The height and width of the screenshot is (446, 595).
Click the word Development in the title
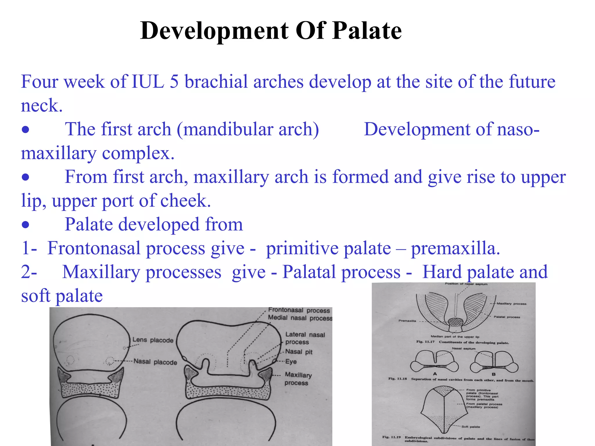(x=214, y=31)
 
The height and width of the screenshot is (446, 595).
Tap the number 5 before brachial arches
(x=174, y=82)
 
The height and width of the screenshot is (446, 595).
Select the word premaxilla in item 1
(x=455, y=249)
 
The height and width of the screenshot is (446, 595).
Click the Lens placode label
(x=153, y=340)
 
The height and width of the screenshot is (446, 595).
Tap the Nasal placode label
(x=155, y=362)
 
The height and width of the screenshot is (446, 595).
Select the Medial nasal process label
(x=300, y=318)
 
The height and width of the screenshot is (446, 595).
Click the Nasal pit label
(x=299, y=352)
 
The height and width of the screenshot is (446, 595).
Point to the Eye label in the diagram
(x=291, y=362)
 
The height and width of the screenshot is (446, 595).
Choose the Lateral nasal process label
(x=305, y=338)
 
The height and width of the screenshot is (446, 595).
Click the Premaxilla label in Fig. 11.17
(x=407, y=321)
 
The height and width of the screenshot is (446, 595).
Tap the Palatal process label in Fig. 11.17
(x=507, y=317)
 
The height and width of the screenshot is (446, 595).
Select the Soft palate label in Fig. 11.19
(x=471, y=427)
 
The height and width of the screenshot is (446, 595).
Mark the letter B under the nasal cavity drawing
(x=493, y=375)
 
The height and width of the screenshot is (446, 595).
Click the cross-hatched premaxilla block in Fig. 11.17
(x=455, y=322)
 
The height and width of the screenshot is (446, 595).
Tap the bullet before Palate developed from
(x=26, y=225)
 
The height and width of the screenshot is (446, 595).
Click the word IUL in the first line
(x=148, y=82)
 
